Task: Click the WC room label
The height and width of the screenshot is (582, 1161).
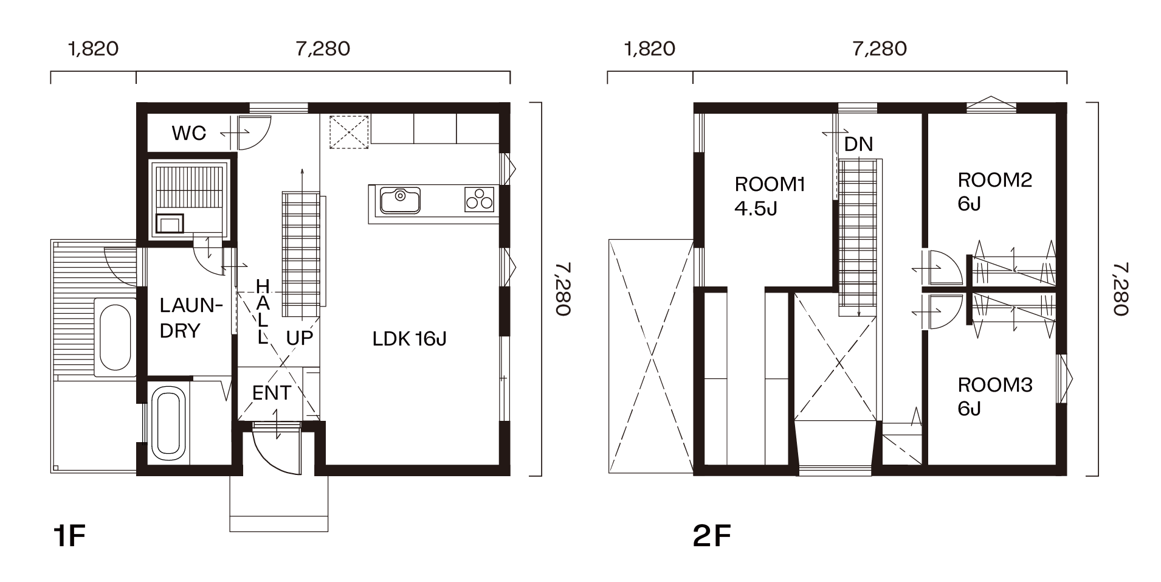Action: (189, 133)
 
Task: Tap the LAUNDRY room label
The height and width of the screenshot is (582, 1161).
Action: (188, 318)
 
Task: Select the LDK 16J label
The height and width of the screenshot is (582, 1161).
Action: (409, 339)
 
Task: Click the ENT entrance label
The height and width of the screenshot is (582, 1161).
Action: (272, 393)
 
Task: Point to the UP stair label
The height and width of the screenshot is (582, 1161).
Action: (299, 338)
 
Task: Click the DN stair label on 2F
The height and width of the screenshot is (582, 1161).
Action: (858, 144)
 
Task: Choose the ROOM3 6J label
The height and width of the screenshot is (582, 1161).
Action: (995, 397)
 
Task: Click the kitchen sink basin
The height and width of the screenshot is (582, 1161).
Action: (400, 201)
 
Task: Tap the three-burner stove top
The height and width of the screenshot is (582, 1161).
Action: (479, 199)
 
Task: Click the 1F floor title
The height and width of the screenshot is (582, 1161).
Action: (69, 536)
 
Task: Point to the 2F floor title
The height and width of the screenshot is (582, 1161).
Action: (712, 536)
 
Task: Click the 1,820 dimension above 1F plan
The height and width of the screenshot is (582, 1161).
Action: (93, 49)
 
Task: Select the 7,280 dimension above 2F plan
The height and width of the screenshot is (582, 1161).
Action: (880, 49)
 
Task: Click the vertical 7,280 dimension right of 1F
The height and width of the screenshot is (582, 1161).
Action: (563, 289)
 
